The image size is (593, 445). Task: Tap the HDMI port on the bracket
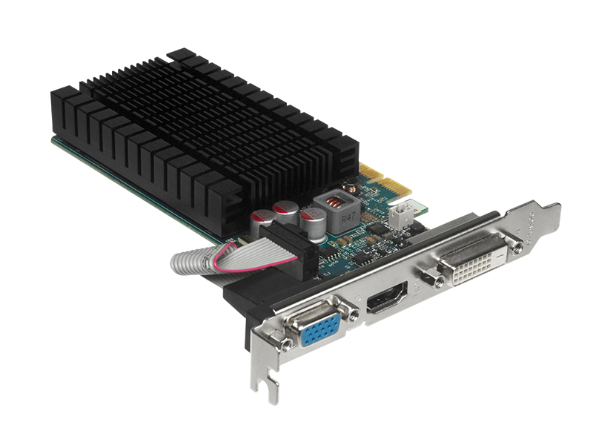pyautogui.click(x=388, y=299)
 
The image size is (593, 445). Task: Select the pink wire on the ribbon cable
pyautogui.click(x=215, y=260)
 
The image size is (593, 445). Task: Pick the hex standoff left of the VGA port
pyautogui.click(x=285, y=343)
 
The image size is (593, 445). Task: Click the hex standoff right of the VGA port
pyautogui.click(x=354, y=315)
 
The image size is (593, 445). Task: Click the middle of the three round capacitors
pyautogui.click(x=285, y=211)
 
